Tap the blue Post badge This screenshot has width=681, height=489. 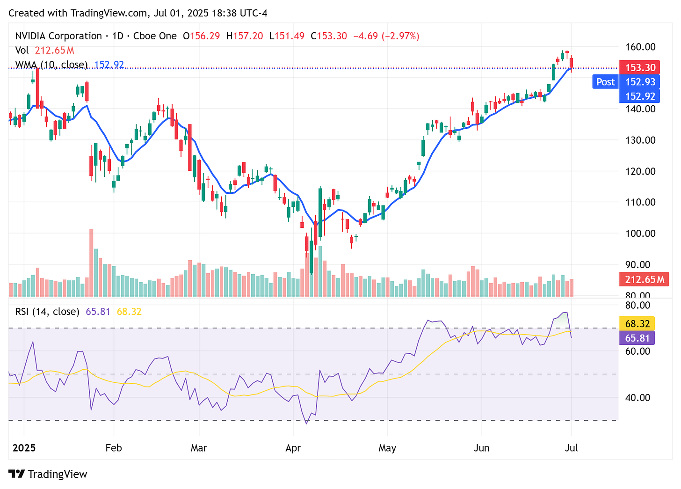pyautogui.click(x=605, y=82)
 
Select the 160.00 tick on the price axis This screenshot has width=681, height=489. pyautogui.click(x=640, y=47)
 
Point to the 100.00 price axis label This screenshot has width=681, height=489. pyautogui.click(x=640, y=233)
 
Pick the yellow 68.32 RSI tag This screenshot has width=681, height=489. pyautogui.click(x=638, y=324)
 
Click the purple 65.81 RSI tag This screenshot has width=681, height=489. pyautogui.click(x=638, y=338)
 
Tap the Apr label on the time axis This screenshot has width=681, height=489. pyautogui.click(x=293, y=448)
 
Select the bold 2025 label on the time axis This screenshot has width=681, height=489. pyautogui.click(x=24, y=448)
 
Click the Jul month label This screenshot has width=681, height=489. pyautogui.click(x=571, y=448)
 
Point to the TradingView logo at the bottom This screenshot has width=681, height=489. pyautogui.click(x=48, y=474)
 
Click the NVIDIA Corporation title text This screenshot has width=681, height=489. pyautogui.click(x=58, y=36)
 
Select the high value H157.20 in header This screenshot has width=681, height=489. pyautogui.click(x=244, y=36)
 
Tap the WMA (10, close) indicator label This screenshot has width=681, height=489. pyautogui.click(x=51, y=65)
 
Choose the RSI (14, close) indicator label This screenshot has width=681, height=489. pyautogui.click(x=47, y=312)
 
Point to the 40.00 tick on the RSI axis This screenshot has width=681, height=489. pyautogui.click(x=638, y=398)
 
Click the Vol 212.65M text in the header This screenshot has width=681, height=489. pyautogui.click(x=45, y=51)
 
